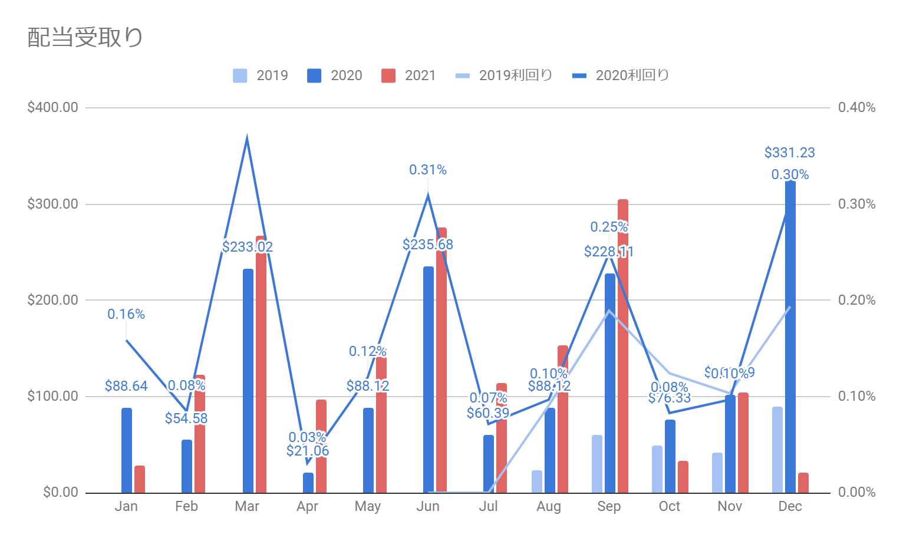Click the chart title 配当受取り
pyautogui.click(x=85, y=37)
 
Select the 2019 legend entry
pyautogui.click(x=261, y=75)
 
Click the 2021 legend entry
pyautogui.click(x=408, y=75)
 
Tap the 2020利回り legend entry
pyautogui.click(x=621, y=75)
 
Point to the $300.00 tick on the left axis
pyautogui.click(x=52, y=204)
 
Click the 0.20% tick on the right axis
pyautogui.click(x=856, y=300)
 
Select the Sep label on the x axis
pyautogui.click(x=609, y=506)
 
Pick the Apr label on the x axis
pyautogui.click(x=307, y=506)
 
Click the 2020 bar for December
pyautogui.click(x=790, y=336)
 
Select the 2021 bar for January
pyautogui.click(x=140, y=479)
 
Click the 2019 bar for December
pyautogui.click(x=777, y=450)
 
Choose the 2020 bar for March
pyautogui.click(x=248, y=381)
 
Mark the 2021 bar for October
pyautogui.click(x=683, y=477)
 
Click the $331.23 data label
pyautogui.click(x=789, y=153)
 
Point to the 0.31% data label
pyautogui.click(x=428, y=170)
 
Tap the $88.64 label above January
pyautogui.click(x=126, y=386)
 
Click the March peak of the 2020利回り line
pyautogui.click(x=247, y=138)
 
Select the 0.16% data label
pyautogui.click(x=126, y=314)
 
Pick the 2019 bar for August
pyautogui.click(x=537, y=481)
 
